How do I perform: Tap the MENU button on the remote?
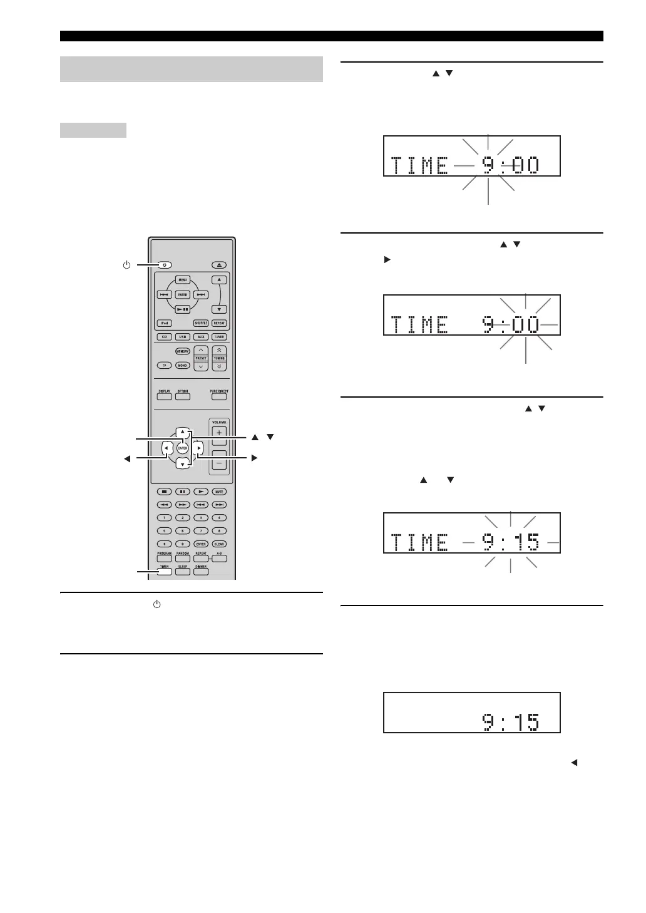click(x=183, y=280)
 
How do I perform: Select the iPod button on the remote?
click(x=164, y=323)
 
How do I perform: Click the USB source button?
click(x=183, y=337)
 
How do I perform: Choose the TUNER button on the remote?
click(x=219, y=337)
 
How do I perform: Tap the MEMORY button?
click(x=183, y=352)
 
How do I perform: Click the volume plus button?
click(x=219, y=433)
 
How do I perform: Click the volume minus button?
click(x=219, y=463)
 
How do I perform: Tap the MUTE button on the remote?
click(x=219, y=492)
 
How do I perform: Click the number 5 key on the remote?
click(x=164, y=530)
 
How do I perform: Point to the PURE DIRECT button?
click(x=219, y=396)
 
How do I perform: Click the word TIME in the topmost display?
click(x=420, y=166)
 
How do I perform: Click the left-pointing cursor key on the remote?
click(x=167, y=448)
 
